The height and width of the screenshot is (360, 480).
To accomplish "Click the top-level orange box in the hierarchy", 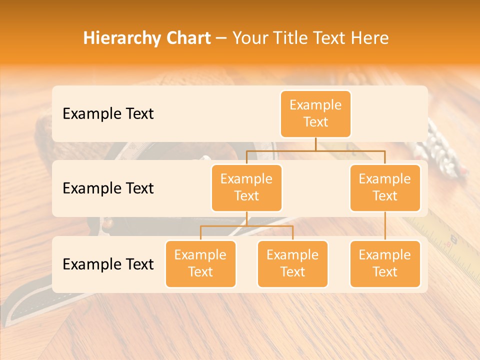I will [315, 113].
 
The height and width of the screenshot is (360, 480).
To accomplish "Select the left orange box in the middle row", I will [246, 188].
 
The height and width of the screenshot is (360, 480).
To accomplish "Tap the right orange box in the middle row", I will [385, 188].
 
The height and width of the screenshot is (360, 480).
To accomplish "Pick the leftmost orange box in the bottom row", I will [200, 264].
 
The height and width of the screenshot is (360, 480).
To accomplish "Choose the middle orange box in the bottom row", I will [292, 264].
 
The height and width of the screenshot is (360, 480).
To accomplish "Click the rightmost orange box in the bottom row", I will [385, 264].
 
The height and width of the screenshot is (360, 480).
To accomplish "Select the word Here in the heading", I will [369, 38].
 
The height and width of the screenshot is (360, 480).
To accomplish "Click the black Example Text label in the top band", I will [108, 114].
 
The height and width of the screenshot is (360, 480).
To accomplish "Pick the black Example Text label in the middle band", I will [108, 188].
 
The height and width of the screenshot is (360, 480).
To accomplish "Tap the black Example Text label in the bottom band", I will [108, 264].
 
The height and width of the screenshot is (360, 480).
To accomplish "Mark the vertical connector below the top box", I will [315, 144].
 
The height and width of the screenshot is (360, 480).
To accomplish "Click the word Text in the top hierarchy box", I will [315, 122].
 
